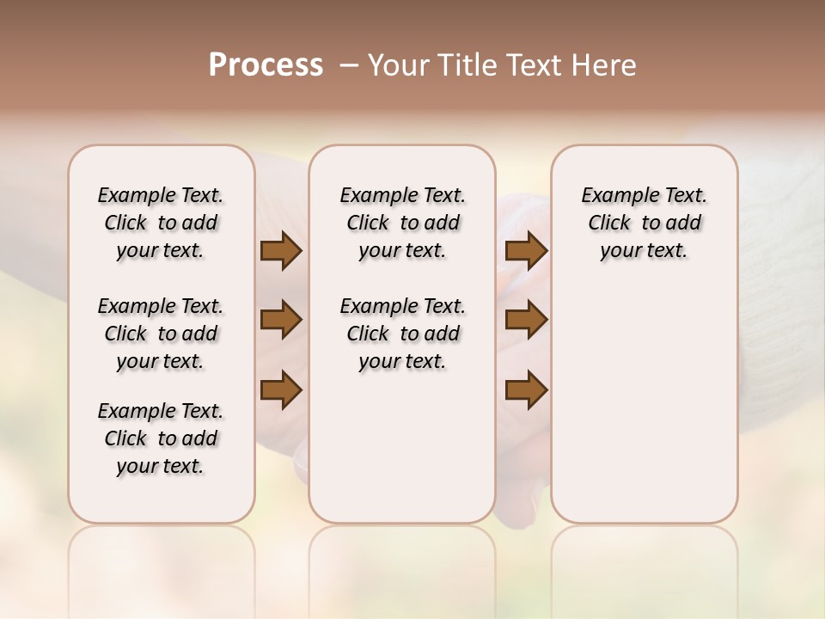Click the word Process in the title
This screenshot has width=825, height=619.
[266, 65]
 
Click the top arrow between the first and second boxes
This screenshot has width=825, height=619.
[281, 251]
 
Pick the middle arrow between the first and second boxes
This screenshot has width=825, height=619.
[281, 321]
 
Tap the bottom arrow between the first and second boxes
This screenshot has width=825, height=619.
[281, 389]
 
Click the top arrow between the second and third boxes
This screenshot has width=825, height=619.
[526, 251]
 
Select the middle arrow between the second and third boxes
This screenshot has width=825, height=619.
[526, 321]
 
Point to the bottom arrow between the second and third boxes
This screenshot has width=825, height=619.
[526, 389]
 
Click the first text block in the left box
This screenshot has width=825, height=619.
[161, 223]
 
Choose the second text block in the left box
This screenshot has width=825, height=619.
[161, 334]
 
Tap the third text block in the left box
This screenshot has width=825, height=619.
[161, 438]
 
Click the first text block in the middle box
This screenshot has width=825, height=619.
[402, 223]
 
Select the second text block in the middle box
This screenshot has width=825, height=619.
[402, 334]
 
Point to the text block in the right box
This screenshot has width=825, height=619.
[645, 223]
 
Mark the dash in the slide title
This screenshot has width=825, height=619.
[349, 65]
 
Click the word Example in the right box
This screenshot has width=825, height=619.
[618, 196]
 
